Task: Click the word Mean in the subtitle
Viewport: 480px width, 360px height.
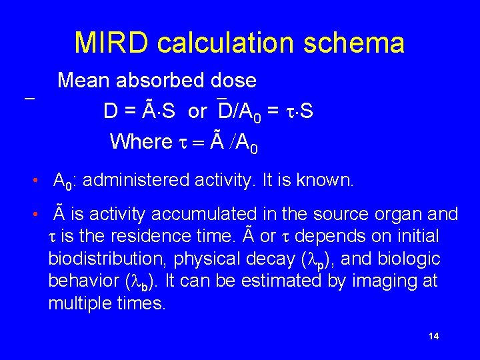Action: click(x=85, y=81)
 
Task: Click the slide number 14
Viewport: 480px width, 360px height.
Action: click(x=434, y=336)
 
